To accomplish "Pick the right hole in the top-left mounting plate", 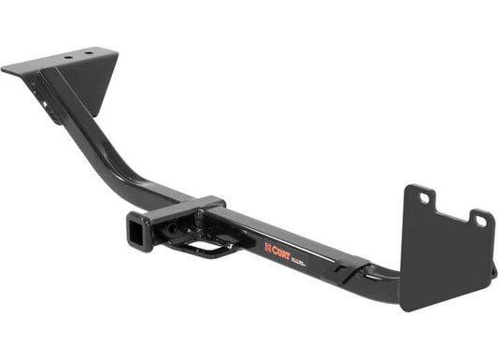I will [90, 53].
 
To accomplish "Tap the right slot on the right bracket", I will [480, 221].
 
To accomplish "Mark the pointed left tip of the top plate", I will [5, 69].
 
